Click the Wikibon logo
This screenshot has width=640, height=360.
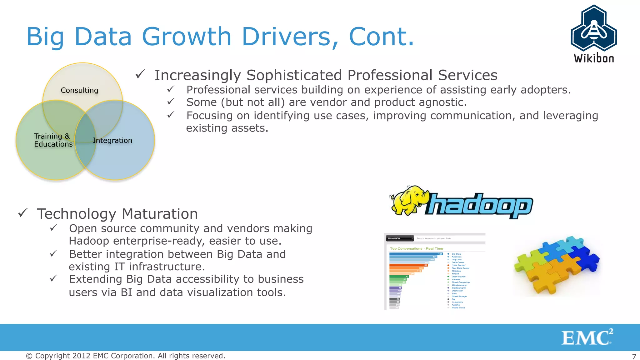[x=594, y=34]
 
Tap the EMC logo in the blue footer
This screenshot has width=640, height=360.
[x=587, y=337]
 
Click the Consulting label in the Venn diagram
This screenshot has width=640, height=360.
[x=79, y=90]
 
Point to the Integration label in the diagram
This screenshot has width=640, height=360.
[x=112, y=140]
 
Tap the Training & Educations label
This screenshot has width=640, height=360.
[x=53, y=140]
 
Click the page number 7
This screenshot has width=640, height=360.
[x=634, y=357]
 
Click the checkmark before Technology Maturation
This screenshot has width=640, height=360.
[x=23, y=213]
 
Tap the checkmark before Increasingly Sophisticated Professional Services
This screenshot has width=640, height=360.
[x=140, y=74]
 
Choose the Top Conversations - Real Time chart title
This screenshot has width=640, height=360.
[x=416, y=248]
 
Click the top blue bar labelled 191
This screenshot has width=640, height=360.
[x=416, y=254]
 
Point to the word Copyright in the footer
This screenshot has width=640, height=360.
[x=52, y=356]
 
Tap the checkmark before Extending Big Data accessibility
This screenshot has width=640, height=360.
[x=53, y=278]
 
